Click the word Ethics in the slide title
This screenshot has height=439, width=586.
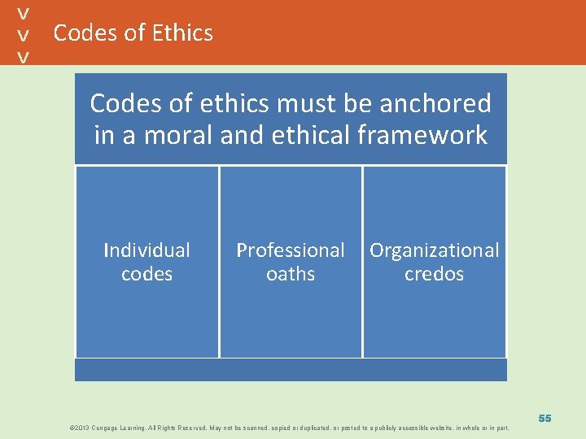click(x=181, y=33)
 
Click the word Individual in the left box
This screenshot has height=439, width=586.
click(x=146, y=250)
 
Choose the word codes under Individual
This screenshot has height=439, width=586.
click(x=146, y=274)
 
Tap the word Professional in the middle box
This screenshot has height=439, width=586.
click(x=291, y=250)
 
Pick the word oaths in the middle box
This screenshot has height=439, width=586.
click(x=291, y=274)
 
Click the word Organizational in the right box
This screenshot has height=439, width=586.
click(x=435, y=250)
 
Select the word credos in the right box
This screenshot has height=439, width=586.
click(x=435, y=274)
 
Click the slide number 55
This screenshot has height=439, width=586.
click(x=544, y=418)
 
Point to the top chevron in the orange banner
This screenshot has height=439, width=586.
click(x=24, y=13)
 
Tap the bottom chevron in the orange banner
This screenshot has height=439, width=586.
click(x=24, y=57)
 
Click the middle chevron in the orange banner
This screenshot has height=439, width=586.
click(x=24, y=35)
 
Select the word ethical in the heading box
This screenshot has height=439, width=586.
click(x=291, y=135)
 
